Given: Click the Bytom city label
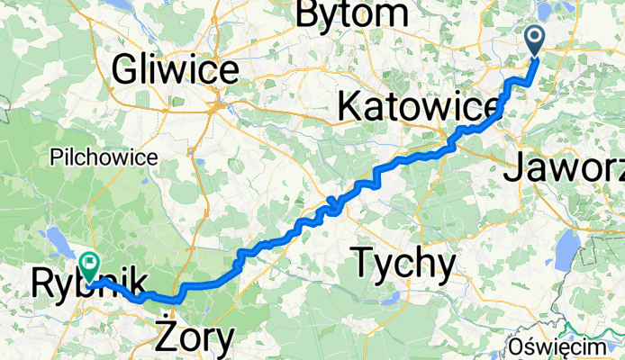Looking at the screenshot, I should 351,13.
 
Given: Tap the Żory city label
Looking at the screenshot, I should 195,338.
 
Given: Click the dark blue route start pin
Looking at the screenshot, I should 534,40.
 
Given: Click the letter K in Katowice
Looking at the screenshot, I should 349,106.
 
